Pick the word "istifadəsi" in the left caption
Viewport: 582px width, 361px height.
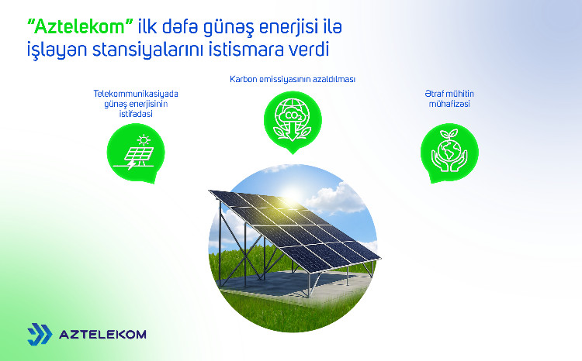(x=135, y=113)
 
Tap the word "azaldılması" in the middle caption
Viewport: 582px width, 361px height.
(x=334, y=78)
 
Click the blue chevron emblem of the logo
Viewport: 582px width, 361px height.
(x=40, y=334)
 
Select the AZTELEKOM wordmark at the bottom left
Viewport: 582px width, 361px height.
(x=102, y=335)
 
